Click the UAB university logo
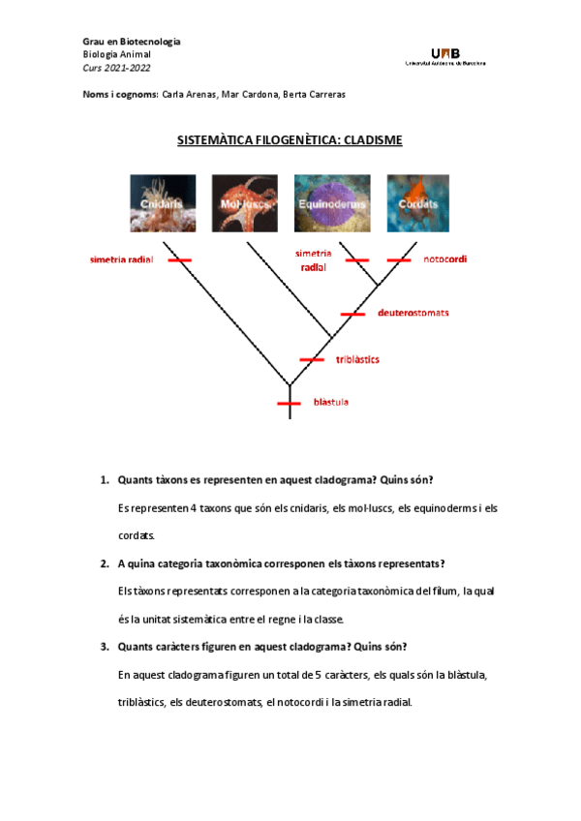444,55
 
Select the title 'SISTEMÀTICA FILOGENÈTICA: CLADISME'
290,140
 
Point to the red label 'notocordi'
444,259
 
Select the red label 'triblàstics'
357,359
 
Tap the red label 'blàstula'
331,403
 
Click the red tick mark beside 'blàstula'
290,403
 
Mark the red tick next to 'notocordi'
399,259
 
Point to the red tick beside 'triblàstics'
312,359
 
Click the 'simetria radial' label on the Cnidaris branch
122,259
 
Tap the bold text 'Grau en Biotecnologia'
132,43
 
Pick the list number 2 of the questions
104,563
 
